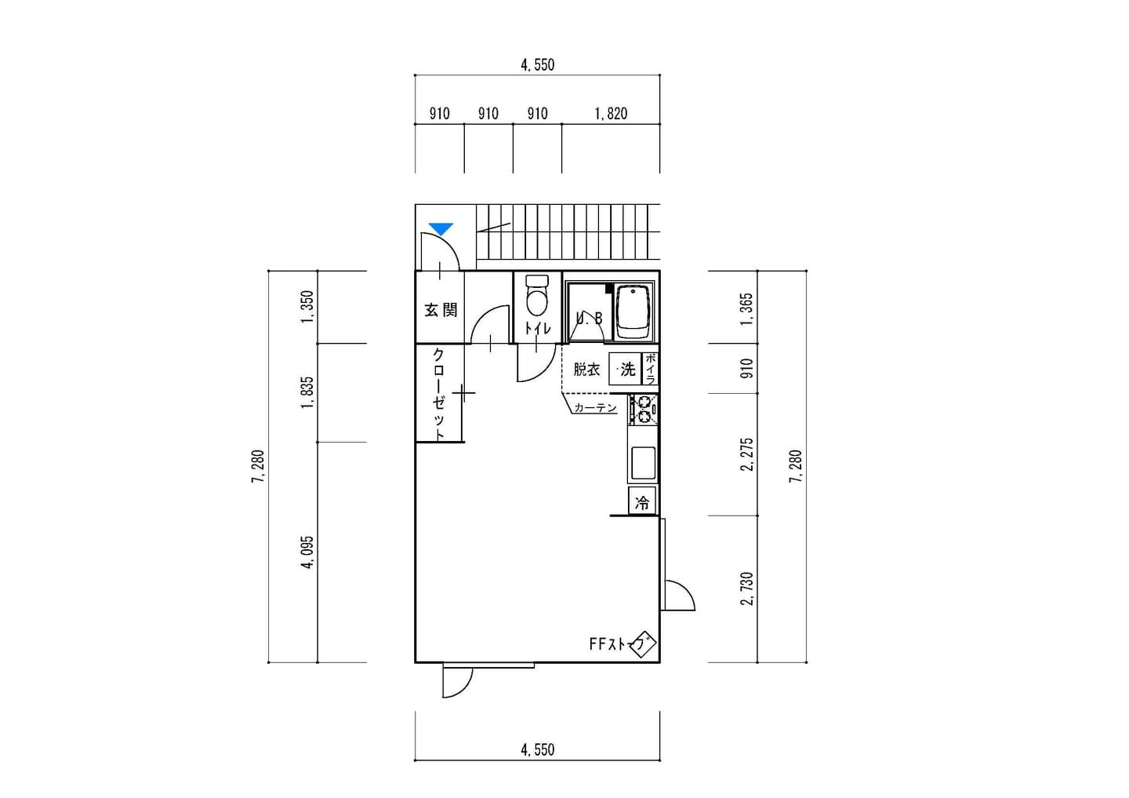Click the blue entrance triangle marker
tap(441, 229)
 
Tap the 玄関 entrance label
tap(441, 310)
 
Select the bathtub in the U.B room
tap(633, 312)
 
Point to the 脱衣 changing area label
tap(586, 370)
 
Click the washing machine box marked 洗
tap(624, 370)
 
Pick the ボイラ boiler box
tap(650, 369)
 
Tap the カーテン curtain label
tap(595, 407)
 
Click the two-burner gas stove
tap(643, 410)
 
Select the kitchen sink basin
tap(643, 463)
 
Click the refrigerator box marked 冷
tap(642, 501)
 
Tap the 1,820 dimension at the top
tap(611, 114)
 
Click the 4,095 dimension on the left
tap(307, 552)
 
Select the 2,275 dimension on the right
tap(746, 454)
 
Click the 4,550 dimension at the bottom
tap(537, 749)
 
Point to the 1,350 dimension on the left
tap(307, 308)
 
